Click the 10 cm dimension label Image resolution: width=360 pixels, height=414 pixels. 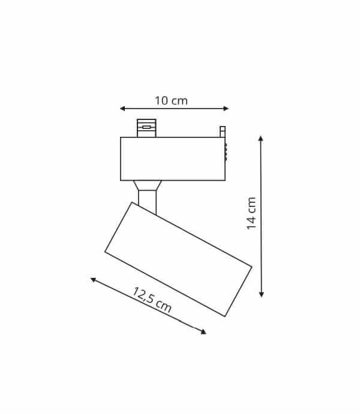click(x=171, y=101)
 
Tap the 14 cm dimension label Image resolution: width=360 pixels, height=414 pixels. click(x=251, y=213)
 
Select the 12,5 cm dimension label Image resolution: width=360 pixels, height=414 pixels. click(x=152, y=300)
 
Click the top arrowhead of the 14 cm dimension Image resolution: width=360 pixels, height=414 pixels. click(x=260, y=139)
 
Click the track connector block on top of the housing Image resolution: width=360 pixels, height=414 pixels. click(x=146, y=128)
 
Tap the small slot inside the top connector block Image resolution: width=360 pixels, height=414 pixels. click(x=146, y=127)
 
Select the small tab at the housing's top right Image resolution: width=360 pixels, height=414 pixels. click(x=223, y=131)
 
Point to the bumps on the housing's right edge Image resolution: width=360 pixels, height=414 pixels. click(x=226, y=152)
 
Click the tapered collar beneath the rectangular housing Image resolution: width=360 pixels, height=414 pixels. click(x=147, y=185)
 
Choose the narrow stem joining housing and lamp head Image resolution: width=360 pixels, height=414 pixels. click(x=147, y=201)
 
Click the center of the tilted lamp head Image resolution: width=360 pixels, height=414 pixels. click(x=178, y=259)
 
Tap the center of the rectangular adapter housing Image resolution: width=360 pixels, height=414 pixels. click(x=173, y=159)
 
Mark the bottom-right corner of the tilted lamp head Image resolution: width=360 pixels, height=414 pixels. click(x=225, y=316)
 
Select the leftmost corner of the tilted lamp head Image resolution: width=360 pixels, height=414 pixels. click(x=106, y=252)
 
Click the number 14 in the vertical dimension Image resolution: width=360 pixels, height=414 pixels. click(x=251, y=221)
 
